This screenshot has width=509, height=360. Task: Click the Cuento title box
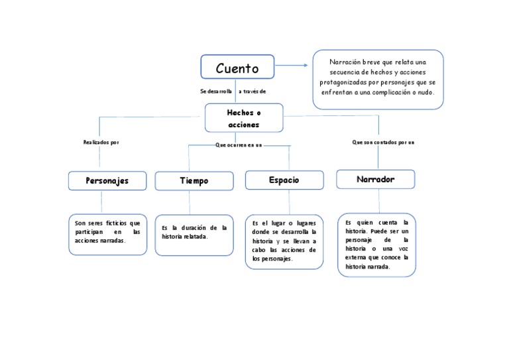pos(237,68)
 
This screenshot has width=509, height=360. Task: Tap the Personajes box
pos(107,180)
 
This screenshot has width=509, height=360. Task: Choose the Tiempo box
pos(194,181)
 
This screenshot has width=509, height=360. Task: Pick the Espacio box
pos(284,180)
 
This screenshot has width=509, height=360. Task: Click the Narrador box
pos(375,179)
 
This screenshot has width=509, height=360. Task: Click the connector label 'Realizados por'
pos(101,142)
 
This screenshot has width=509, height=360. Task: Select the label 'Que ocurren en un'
pos(239,144)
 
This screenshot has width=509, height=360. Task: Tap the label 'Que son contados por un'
pos(383,142)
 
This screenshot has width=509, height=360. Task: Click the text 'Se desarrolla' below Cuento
pos(216,91)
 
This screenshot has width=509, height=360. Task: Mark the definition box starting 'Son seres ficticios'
pos(107,234)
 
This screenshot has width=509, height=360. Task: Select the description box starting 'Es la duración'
pos(194,234)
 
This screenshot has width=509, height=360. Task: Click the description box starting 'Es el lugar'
pos(284,241)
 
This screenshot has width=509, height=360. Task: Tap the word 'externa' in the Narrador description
pos(357,257)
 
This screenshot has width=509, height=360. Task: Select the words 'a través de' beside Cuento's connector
pos(252,91)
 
